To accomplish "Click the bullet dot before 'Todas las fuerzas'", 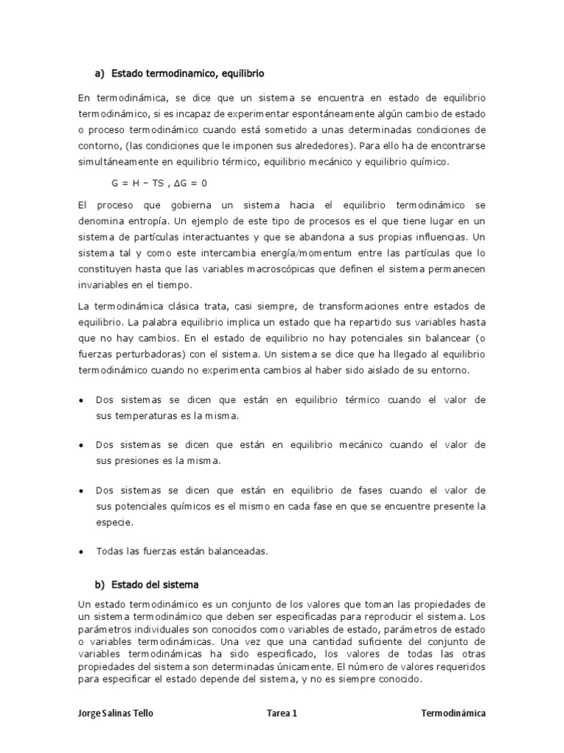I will pos(80,551).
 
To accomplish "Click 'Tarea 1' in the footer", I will pos(281,713).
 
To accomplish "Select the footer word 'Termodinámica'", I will pos(453,713).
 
